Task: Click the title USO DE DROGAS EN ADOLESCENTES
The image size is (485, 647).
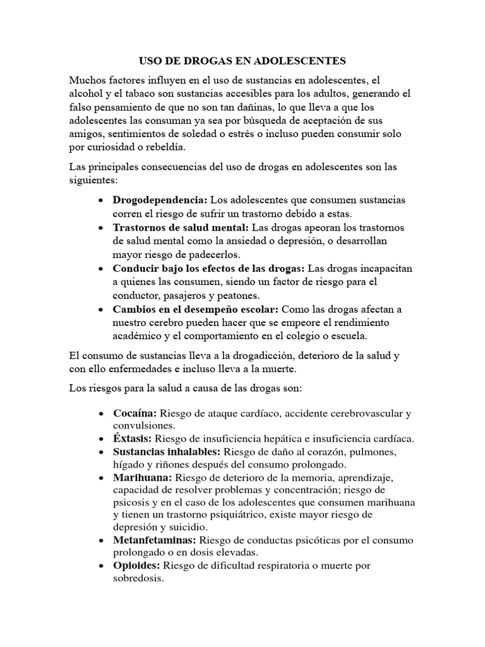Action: pyautogui.click(x=242, y=61)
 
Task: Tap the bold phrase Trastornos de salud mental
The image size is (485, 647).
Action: pyautogui.click(x=181, y=227)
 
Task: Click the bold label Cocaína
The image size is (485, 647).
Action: pyautogui.click(x=135, y=413)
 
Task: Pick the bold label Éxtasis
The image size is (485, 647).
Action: pyautogui.click(x=132, y=438)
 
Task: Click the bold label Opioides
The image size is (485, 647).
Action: pyautogui.click(x=137, y=565)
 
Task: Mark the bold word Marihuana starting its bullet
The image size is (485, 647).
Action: pyautogui.click(x=142, y=477)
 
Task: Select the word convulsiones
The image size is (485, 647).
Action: pyautogui.click(x=143, y=426)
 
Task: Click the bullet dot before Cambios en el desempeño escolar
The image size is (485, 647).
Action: pyautogui.click(x=102, y=310)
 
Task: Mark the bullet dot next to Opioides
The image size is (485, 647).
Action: pyautogui.click(x=102, y=565)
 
